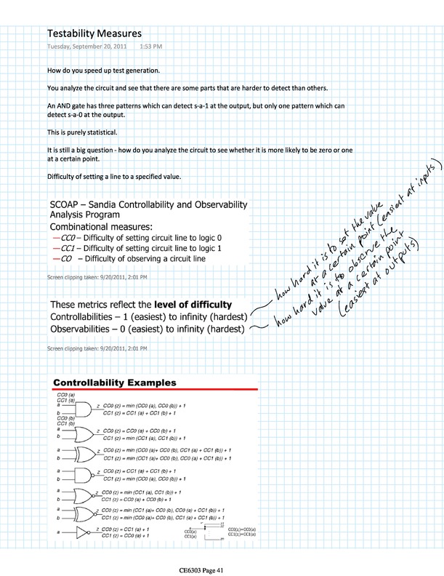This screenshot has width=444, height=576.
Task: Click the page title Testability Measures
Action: (94, 33)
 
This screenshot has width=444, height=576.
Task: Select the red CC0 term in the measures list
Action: (69, 238)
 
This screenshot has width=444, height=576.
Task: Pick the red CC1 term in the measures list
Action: (69, 248)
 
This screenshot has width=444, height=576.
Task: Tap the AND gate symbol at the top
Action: (82, 409)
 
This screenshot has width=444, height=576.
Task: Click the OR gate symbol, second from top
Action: (82, 436)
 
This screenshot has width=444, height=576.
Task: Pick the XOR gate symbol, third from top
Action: (82, 455)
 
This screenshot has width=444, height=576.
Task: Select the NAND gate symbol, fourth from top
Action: (82, 476)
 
